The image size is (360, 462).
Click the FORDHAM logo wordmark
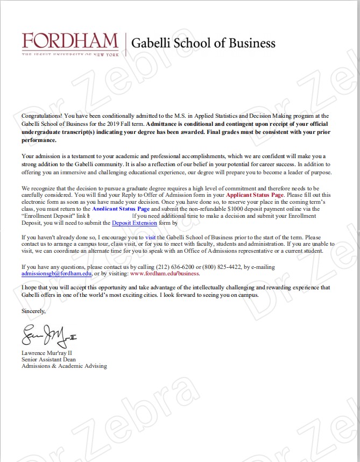pyautogui.click(x=70, y=42)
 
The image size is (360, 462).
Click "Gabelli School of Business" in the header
pyautogui.click(x=203, y=43)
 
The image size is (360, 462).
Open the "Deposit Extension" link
pyautogui.click(x=135, y=223)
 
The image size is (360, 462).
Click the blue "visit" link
pyautogui.click(x=151, y=237)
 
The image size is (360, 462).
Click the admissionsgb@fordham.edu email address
pyautogui.click(x=53, y=273)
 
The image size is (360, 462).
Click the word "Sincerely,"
pyautogui.click(x=33, y=311)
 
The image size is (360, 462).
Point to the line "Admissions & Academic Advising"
pyautogui.click(x=64, y=366)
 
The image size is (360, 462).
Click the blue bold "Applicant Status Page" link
pyautogui.click(x=121, y=209)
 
